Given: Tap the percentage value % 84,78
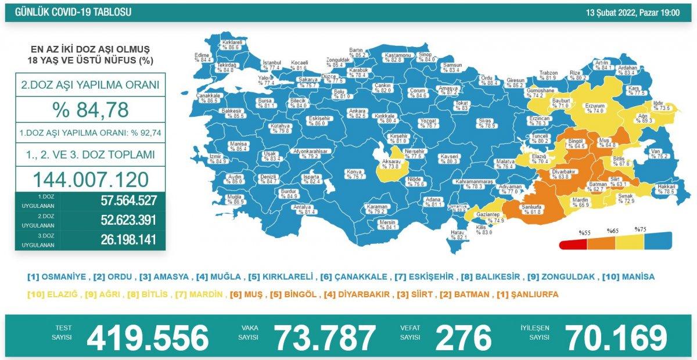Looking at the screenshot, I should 90,109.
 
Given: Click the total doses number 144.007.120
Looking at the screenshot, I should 90,179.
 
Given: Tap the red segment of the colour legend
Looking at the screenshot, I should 572,244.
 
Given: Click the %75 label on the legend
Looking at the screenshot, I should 641,229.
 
